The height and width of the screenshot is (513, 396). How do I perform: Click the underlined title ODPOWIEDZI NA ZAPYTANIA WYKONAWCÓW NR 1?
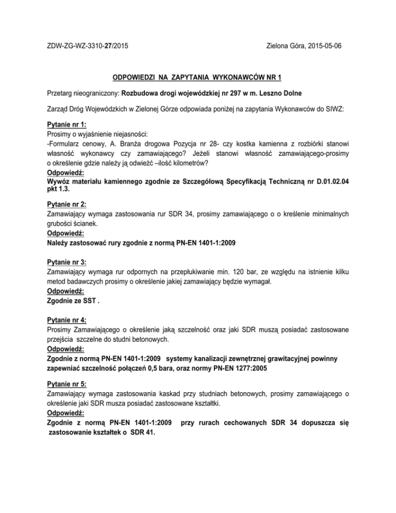point(197,78)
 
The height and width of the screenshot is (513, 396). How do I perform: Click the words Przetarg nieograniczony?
point(82,94)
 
